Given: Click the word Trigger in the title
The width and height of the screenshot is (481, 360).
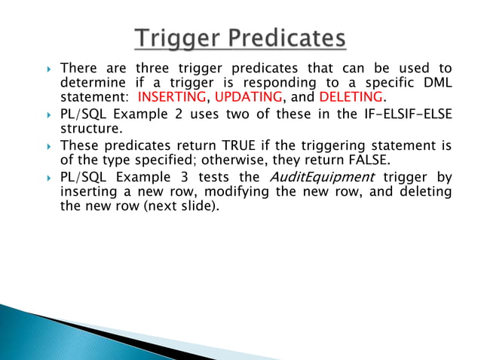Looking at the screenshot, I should click(x=179, y=38).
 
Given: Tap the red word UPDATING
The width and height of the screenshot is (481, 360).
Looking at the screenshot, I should click(x=248, y=99).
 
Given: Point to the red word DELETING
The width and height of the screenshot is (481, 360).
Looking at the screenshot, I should click(x=351, y=99).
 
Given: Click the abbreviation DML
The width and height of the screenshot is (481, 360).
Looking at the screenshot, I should click(x=435, y=84).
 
